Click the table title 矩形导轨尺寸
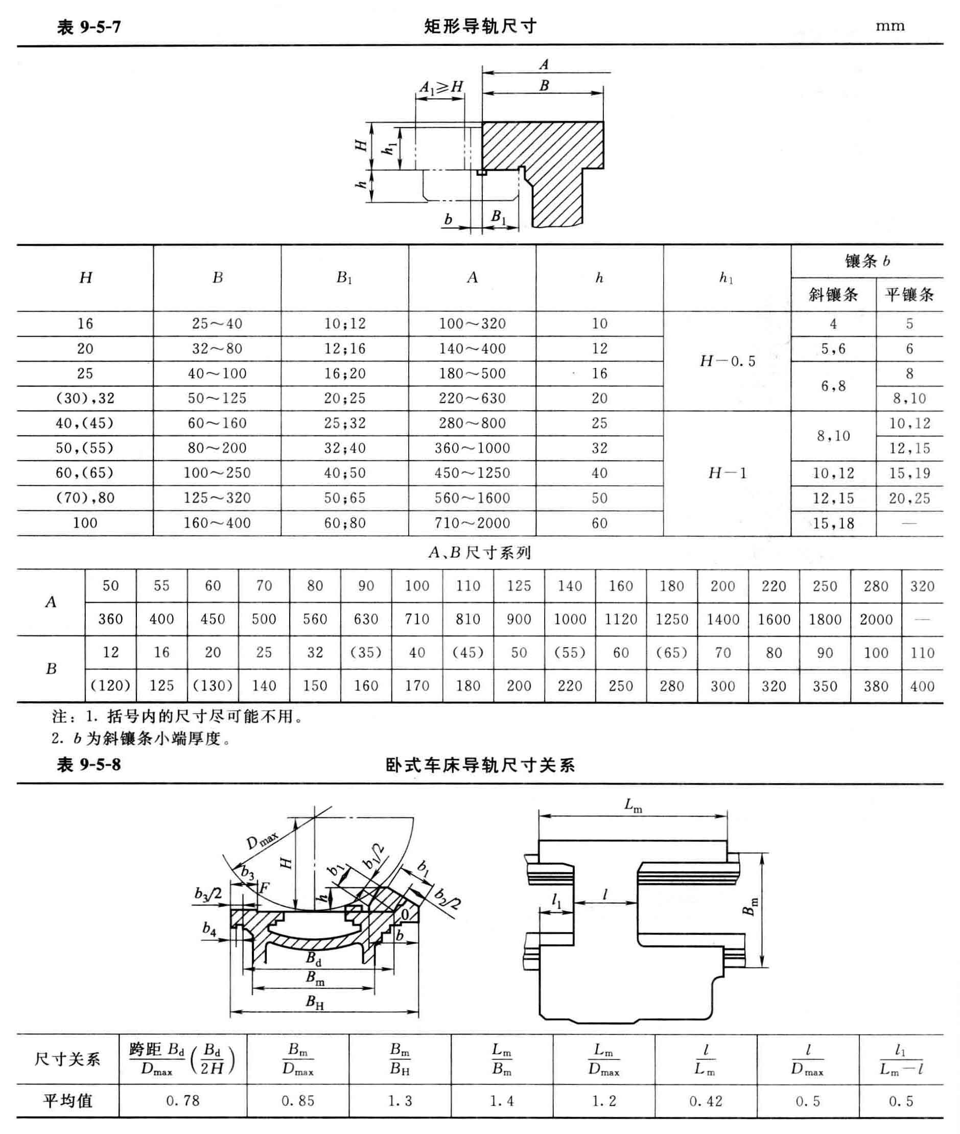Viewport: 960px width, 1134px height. (480, 26)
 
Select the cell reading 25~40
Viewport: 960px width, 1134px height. (217, 324)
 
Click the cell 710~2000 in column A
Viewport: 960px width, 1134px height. (473, 523)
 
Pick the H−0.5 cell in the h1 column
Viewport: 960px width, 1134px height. (727, 361)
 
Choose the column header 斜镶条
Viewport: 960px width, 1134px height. (833, 295)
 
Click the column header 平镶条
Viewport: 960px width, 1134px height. (909, 295)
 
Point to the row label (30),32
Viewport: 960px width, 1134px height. (85, 398)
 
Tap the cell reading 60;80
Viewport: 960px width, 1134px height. (345, 523)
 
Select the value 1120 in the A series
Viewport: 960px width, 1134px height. (621, 619)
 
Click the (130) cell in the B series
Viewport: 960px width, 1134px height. (213, 686)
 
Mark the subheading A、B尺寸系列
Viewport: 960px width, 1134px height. (479, 553)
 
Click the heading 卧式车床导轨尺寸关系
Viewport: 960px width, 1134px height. (480, 766)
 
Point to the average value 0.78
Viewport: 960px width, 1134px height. (183, 1101)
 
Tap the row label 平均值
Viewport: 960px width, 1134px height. (67, 1101)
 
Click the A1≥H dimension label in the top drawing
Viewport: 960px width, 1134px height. (441, 86)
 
